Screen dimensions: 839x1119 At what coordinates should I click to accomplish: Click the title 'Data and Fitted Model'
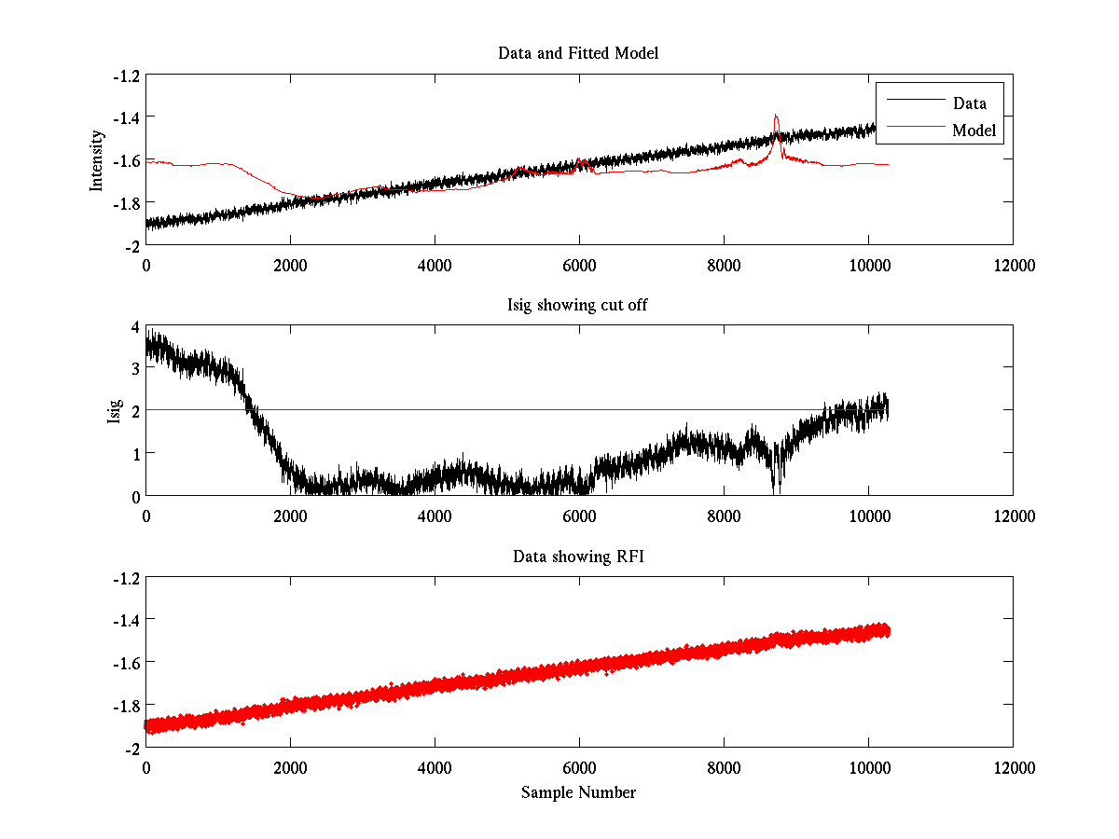tap(578, 53)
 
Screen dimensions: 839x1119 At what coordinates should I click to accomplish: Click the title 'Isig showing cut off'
tap(578, 305)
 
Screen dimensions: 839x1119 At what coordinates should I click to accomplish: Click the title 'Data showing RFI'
tap(578, 557)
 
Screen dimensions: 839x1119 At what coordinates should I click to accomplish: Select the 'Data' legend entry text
tap(970, 103)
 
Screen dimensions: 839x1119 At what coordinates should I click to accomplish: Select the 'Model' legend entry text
tap(974, 131)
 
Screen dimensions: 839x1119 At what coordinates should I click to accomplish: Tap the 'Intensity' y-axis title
tap(97, 160)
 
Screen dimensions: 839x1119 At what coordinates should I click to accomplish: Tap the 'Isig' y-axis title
tap(115, 411)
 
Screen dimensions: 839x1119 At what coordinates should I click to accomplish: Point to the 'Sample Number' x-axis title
tap(578, 792)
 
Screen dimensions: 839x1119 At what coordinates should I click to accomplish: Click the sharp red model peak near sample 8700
tap(776, 117)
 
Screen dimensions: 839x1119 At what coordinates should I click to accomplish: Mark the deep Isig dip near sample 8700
tap(774, 487)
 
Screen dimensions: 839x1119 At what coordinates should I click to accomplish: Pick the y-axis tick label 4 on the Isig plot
tap(135, 327)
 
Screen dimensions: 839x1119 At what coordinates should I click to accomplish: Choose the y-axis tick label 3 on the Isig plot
tap(135, 369)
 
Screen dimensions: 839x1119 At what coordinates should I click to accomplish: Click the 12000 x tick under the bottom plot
tap(1013, 768)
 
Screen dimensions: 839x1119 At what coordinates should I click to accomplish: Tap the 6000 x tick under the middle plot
tap(579, 516)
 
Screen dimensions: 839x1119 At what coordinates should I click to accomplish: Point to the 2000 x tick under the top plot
tap(290, 265)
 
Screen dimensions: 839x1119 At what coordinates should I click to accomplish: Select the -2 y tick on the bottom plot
tap(131, 748)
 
